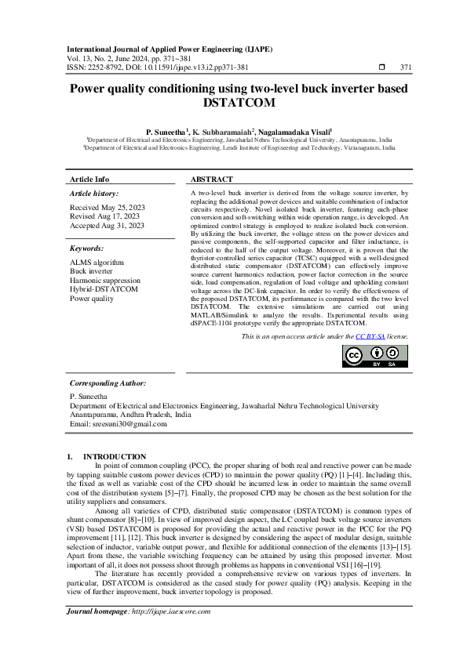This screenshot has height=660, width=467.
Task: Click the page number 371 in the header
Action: pyautogui.click(x=405, y=67)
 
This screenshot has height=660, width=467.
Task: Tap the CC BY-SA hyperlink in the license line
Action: pyautogui.click(x=367, y=336)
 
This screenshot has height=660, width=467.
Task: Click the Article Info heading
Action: pyautogui.click(x=89, y=180)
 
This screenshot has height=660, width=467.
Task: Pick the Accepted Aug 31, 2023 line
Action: pyautogui.click(x=107, y=225)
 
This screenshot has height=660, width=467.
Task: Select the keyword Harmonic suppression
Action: pyautogui.click(x=105, y=280)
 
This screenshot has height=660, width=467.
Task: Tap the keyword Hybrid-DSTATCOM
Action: pyautogui.click(x=104, y=289)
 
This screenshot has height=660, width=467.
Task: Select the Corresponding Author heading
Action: pyautogui.click(x=108, y=383)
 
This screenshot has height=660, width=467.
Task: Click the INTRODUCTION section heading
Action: pyautogui.click(x=114, y=456)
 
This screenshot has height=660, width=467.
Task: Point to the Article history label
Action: pyautogui.click(x=94, y=193)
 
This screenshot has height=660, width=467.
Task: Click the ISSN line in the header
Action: pyautogui.click(x=156, y=67)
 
